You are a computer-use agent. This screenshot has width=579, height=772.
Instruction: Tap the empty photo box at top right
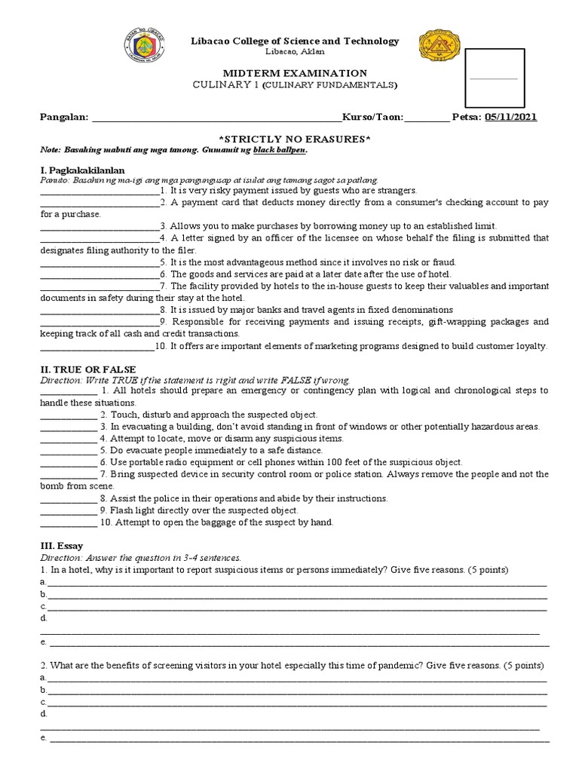coord(495,78)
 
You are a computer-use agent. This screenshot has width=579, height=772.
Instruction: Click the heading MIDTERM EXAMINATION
coord(294,73)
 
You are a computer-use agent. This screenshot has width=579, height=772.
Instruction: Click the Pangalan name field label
coord(64,117)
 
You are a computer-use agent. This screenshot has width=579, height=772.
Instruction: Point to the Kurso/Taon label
coord(373,117)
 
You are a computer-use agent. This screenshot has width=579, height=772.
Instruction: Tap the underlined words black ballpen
coord(280,150)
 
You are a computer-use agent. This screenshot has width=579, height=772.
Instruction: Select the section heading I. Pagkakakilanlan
coord(82,170)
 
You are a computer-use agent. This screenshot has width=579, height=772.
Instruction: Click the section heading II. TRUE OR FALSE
coord(87,369)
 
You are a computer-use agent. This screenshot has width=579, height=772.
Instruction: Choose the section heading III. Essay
coord(61,546)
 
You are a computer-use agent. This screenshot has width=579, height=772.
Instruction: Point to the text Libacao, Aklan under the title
coord(294,51)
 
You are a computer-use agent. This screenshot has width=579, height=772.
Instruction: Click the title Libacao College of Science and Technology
coord(294,41)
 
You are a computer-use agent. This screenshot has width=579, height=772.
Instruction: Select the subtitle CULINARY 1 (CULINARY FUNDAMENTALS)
coord(294,85)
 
